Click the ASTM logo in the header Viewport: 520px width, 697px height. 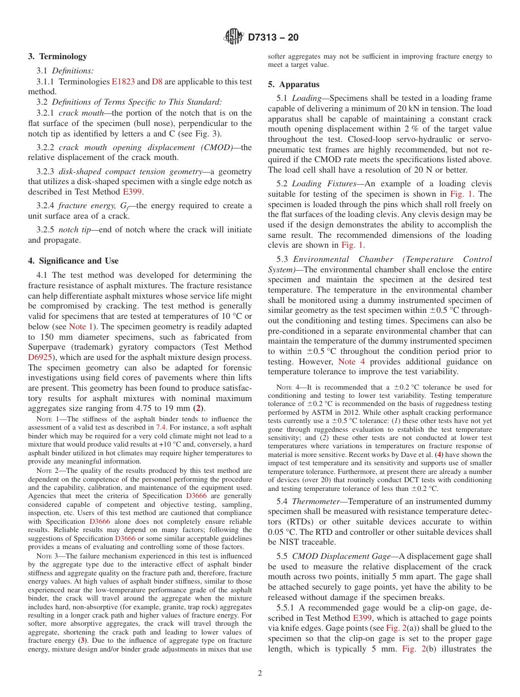click(x=234, y=38)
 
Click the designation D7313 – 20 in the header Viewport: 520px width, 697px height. click(x=273, y=38)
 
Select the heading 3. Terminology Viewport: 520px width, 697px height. click(x=57, y=56)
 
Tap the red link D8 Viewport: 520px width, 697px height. click(x=157, y=82)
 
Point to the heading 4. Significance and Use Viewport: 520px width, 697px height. click(x=73, y=261)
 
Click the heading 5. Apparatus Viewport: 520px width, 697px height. click(x=293, y=84)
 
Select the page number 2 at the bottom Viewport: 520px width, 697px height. click(x=260, y=673)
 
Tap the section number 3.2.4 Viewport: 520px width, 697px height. click(x=46, y=205)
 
